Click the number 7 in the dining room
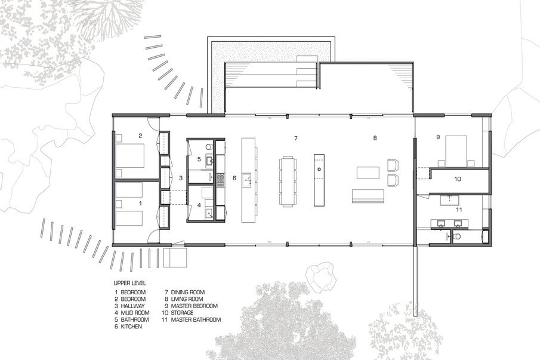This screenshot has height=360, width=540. click(x=295, y=138)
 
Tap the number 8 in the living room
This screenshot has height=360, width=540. click(x=375, y=138)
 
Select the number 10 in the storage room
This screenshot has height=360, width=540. click(x=458, y=179)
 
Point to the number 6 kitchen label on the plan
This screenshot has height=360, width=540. click(x=234, y=178)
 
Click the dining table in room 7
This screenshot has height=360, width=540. click(x=288, y=181)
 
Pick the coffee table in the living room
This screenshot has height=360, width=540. click(x=368, y=173)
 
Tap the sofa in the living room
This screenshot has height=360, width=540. click(x=368, y=196)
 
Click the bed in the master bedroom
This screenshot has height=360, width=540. click(x=456, y=151)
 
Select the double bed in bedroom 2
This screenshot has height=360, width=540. click(x=130, y=155)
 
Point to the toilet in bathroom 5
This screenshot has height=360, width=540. click(x=209, y=147)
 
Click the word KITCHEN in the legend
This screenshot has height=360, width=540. click(x=131, y=327)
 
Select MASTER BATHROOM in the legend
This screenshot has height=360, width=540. click(x=196, y=319)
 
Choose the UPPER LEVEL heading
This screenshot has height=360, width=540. click(x=130, y=283)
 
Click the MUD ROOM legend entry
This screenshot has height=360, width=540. click(x=135, y=313)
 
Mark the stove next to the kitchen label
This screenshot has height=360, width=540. click(x=220, y=179)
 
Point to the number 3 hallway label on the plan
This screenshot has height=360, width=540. click(x=181, y=178)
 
